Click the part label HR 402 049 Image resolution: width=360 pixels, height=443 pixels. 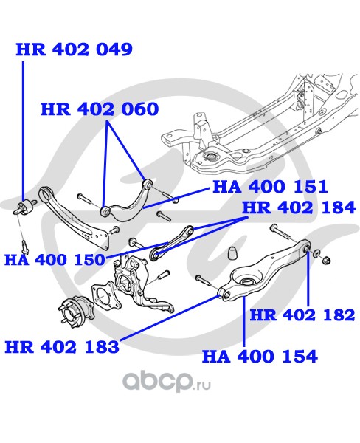click(75, 49)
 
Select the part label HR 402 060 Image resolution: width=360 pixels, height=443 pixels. click(100, 109)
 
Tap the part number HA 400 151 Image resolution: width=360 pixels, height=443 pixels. click(270, 187)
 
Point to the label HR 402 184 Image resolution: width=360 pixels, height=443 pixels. click(299, 207)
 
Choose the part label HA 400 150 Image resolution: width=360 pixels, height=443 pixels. click(55, 259)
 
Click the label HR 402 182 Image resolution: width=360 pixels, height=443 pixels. click(302, 315)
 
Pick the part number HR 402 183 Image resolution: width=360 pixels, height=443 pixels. click(62, 347)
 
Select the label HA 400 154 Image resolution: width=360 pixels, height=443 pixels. click(260, 356)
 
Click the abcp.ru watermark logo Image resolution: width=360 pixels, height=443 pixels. click(167, 382)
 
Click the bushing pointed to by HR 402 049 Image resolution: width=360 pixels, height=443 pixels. click(25, 207)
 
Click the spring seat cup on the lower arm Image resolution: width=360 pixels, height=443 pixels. click(246, 282)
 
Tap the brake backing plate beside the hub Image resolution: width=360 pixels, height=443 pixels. click(104, 295)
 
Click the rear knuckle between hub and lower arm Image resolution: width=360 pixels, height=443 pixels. click(141, 285)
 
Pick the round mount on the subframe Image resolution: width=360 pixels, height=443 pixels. click(211, 156)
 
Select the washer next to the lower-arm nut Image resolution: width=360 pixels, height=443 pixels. click(316, 253)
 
